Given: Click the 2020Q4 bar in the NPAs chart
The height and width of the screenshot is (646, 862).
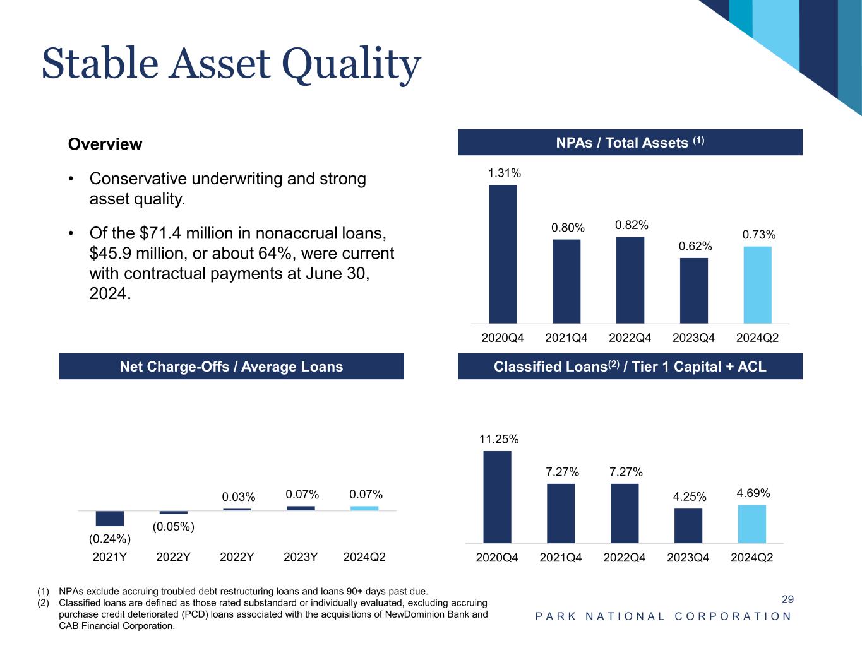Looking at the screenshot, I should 503,254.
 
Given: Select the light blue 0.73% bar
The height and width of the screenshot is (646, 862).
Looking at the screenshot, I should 757,285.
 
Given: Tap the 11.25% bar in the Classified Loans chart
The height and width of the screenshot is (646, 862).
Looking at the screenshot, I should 497,496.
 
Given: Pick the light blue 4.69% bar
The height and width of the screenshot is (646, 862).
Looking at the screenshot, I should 751,524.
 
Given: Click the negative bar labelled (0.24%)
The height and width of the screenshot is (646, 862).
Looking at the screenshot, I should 109,518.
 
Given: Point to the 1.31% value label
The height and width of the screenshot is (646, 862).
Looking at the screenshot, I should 504,173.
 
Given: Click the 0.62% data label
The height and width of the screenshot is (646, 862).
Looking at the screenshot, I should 695,246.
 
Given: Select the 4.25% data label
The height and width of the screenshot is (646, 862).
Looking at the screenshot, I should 690,497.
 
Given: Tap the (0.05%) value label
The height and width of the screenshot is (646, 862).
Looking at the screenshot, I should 173,527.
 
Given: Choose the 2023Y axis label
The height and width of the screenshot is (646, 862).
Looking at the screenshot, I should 301,558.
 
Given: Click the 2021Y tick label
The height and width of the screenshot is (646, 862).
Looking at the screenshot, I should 110,558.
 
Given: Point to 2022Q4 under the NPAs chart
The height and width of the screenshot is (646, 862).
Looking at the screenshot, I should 630,338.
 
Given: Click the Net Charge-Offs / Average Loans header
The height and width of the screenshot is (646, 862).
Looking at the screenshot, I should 231,367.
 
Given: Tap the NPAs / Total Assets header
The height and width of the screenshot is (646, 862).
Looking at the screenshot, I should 630,143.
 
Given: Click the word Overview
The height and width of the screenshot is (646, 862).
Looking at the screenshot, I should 105,144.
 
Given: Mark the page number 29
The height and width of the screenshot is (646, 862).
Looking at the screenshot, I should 787,599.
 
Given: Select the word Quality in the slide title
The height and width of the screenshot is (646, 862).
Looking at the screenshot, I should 350,65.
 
